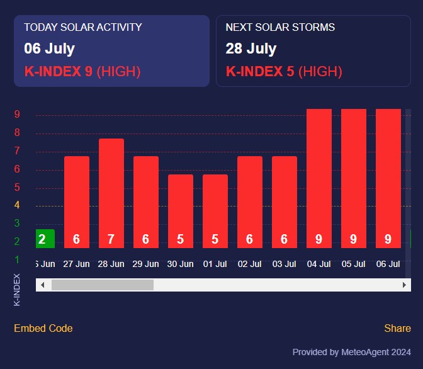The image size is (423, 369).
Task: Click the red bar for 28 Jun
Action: (111, 189)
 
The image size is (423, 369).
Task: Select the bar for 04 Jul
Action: (319, 176)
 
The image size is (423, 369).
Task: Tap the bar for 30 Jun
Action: (181, 208)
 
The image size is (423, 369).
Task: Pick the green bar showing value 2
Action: (45, 239)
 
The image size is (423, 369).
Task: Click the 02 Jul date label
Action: (250, 264)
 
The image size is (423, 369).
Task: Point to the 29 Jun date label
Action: (146, 264)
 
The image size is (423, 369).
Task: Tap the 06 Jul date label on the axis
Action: (388, 264)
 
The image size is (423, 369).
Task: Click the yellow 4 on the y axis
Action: (17, 205)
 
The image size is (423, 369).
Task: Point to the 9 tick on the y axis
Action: (17, 115)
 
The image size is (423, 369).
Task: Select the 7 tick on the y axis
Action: (17, 151)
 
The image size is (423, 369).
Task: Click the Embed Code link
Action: (43, 328)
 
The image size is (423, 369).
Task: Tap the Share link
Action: (398, 328)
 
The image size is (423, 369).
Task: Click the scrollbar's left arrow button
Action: (42, 285)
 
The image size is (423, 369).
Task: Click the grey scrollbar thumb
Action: (102, 285)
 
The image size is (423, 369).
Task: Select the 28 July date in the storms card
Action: (251, 49)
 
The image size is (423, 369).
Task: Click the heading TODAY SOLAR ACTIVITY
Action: (83, 28)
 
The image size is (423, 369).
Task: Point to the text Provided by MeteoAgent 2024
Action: (352, 352)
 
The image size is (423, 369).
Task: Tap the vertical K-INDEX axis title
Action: (17, 290)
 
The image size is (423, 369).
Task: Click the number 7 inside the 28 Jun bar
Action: (111, 239)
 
